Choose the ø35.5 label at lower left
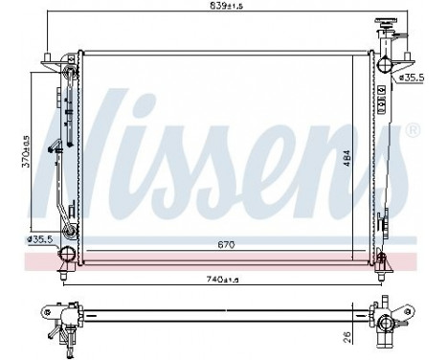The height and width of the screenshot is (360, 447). [41, 239]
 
